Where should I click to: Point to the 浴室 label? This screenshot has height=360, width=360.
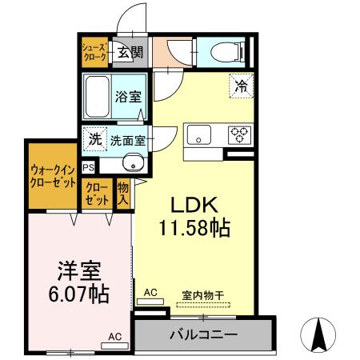click(x=128, y=97)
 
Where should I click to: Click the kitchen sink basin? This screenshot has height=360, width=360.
click(x=198, y=135)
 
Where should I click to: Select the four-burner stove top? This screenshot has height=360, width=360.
click(x=238, y=135)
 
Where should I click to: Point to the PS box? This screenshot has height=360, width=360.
click(x=87, y=168)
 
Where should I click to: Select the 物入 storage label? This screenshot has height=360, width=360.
click(x=122, y=193)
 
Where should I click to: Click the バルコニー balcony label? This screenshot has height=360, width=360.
click(x=203, y=334)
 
